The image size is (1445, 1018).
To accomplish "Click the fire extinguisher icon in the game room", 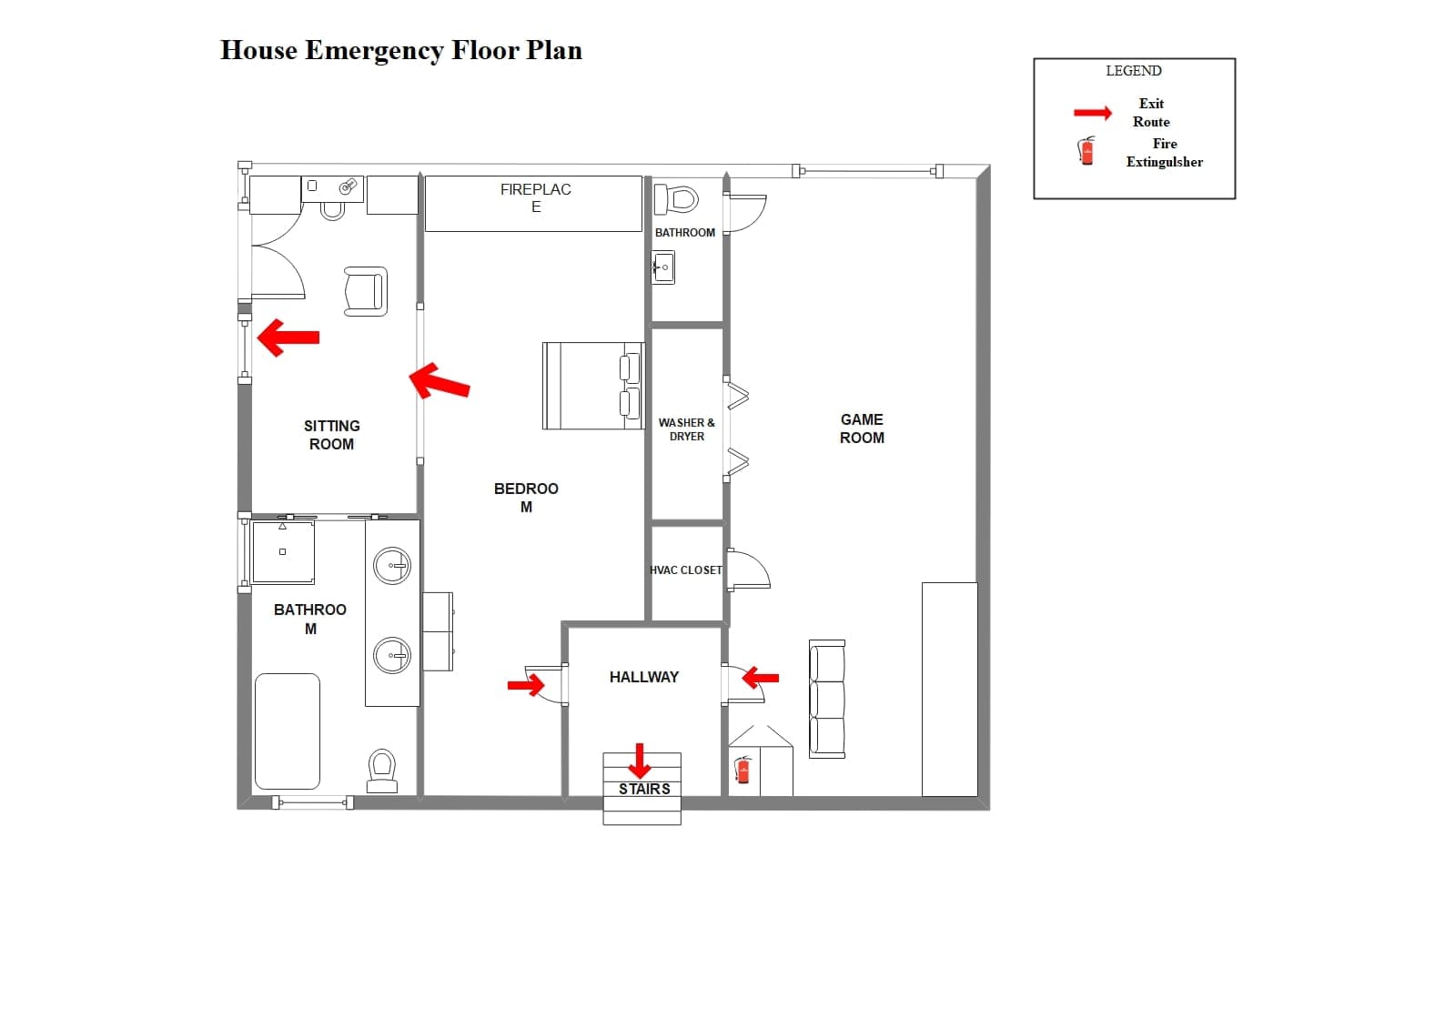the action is [x=743, y=771].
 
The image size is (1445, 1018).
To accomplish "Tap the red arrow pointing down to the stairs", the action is [x=640, y=761].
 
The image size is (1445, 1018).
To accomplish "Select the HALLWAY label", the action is [x=644, y=678].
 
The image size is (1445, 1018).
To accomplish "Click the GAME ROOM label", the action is [x=862, y=428].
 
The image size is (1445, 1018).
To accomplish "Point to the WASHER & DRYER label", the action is [x=686, y=429].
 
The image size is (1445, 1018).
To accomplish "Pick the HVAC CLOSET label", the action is [x=686, y=570].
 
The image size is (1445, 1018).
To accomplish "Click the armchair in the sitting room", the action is [x=365, y=292].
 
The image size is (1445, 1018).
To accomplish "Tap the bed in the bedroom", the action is [x=593, y=386].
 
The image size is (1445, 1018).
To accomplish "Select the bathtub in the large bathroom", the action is [x=288, y=731].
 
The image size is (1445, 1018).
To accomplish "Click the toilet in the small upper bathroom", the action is [x=676, y=199].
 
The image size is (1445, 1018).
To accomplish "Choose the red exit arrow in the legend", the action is [x=1093, y=113].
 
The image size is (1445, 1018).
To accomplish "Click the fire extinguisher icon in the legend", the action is [x=1087, y=150].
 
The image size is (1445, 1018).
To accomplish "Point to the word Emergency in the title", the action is [x=374, y=50].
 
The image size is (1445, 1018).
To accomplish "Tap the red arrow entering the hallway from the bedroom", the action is [x=526, y=685].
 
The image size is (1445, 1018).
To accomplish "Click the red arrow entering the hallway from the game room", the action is [x=760, y=678].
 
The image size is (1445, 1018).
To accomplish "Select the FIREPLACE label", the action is [x=535, y=198].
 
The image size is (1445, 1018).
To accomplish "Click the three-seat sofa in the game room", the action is [x=827, y=700].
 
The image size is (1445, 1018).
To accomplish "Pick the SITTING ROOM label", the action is [x=331, y=436].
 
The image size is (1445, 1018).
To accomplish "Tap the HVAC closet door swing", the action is [x=750, y=569].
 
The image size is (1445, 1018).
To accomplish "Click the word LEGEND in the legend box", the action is [x=1134, y=71].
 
